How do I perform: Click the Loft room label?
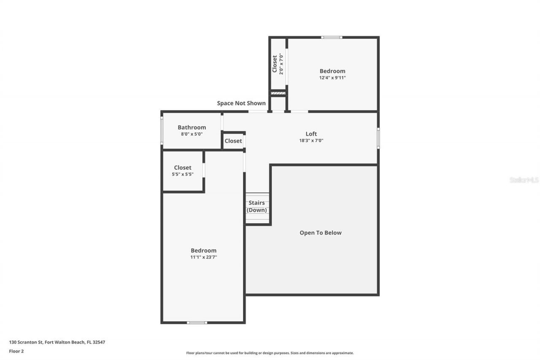coord(311,134)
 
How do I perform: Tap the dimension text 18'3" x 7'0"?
coord(311,141)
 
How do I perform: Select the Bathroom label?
coord(192,127)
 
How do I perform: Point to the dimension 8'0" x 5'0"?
coord(192,134)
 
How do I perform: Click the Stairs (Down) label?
coord(256,206)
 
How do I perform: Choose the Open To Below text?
coord(321,233)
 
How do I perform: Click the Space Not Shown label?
coord(241,103)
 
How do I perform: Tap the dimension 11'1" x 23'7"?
coord(203,257)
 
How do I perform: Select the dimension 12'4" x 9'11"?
coord(332,78)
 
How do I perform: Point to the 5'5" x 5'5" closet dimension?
coord(182,174)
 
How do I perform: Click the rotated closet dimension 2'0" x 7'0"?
coord(281,63)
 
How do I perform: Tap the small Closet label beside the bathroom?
coord(233,141)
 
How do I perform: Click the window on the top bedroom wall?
coord(332,38)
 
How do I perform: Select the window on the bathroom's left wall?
coord(162,130)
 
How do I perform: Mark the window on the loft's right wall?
coord(378,138)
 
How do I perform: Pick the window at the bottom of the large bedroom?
coord(197,322)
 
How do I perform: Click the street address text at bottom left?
coord(57,342)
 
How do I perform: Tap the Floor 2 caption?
coord(16,351)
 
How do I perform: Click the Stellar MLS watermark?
coord(524,180)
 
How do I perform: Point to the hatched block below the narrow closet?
coord(278,93)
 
